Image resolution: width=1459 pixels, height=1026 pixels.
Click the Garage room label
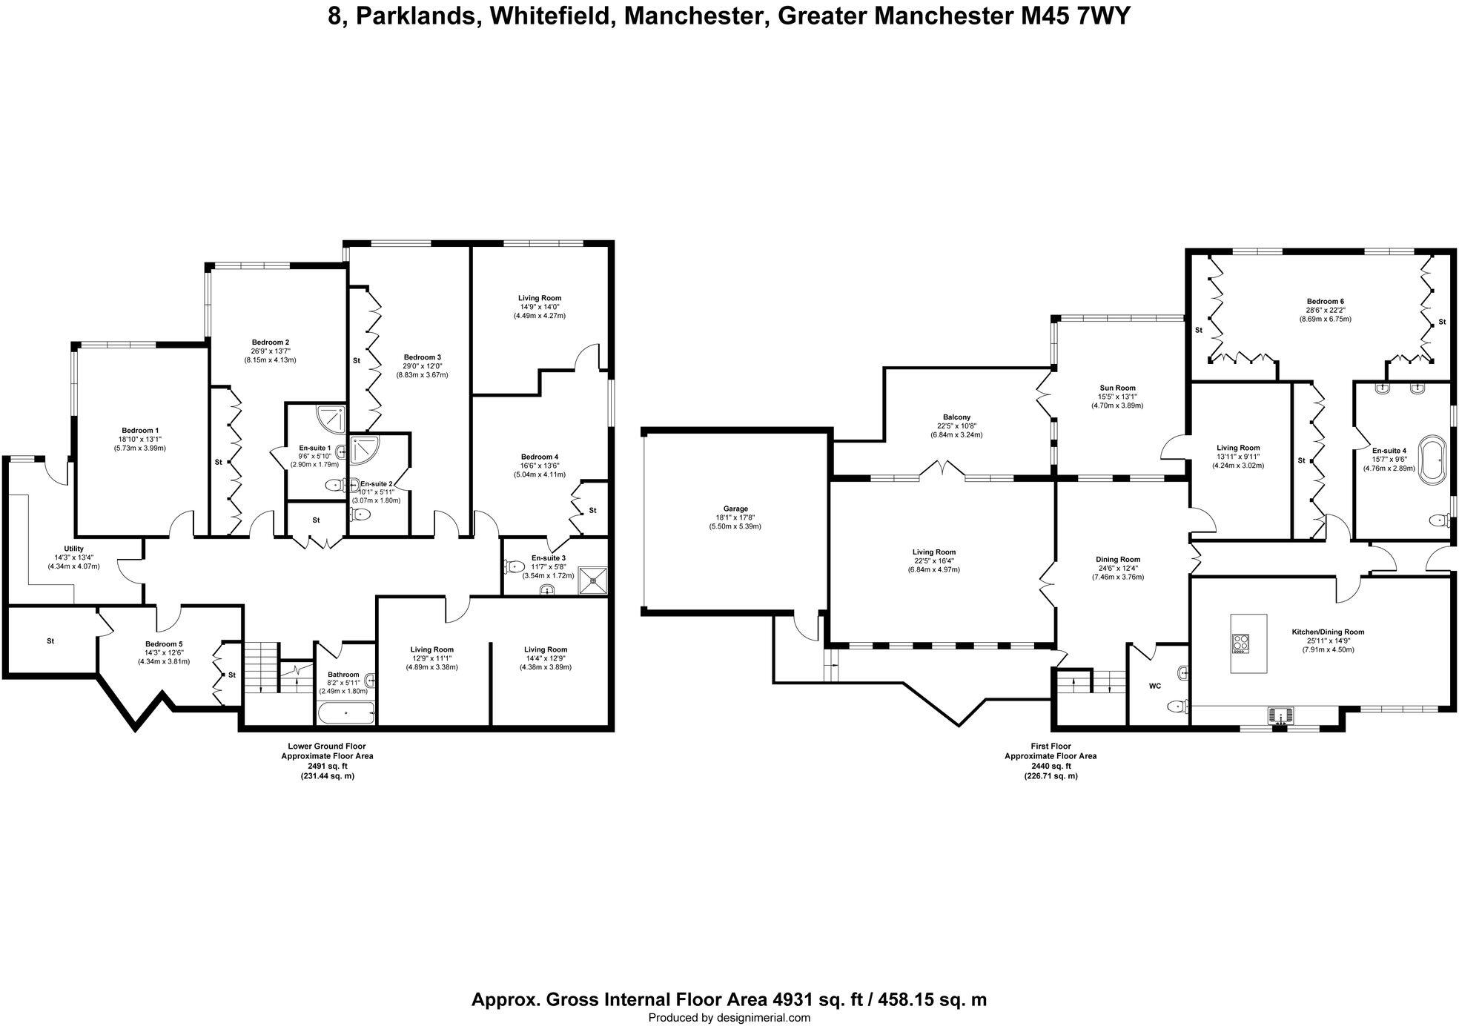(731, 509)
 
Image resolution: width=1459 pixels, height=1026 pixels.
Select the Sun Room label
(1117, 388)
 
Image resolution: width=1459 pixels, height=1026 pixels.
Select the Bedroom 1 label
(140, 431)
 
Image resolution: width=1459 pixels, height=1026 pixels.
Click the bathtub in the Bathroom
(346, 714)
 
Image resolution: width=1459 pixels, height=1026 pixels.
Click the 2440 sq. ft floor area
(1050, 766)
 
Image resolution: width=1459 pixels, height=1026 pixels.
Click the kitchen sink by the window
(1280, 715)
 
